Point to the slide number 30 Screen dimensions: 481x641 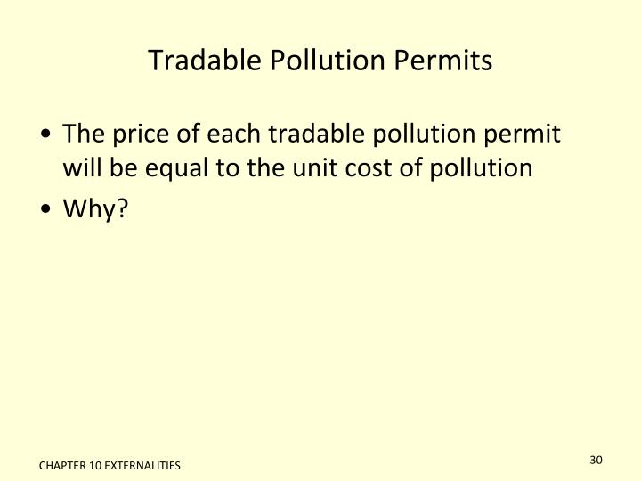[x=596, y=460]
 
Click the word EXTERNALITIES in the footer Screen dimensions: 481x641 [x=142, y=466]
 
